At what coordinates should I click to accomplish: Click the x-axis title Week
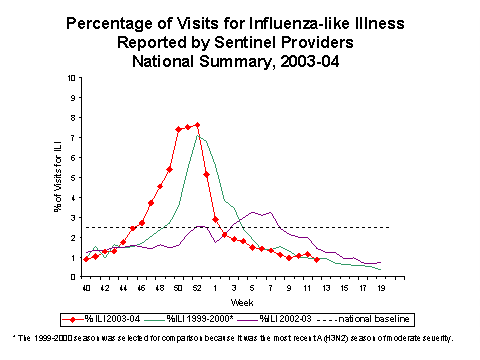click(232, 303)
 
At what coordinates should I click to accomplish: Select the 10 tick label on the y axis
click(70, 77)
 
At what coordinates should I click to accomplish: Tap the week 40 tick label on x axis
click(86, 288)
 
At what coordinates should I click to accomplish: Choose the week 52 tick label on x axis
click(197, 288)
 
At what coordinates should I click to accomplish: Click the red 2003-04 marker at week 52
click(197, 125)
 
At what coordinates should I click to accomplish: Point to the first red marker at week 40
click(86, 259)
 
